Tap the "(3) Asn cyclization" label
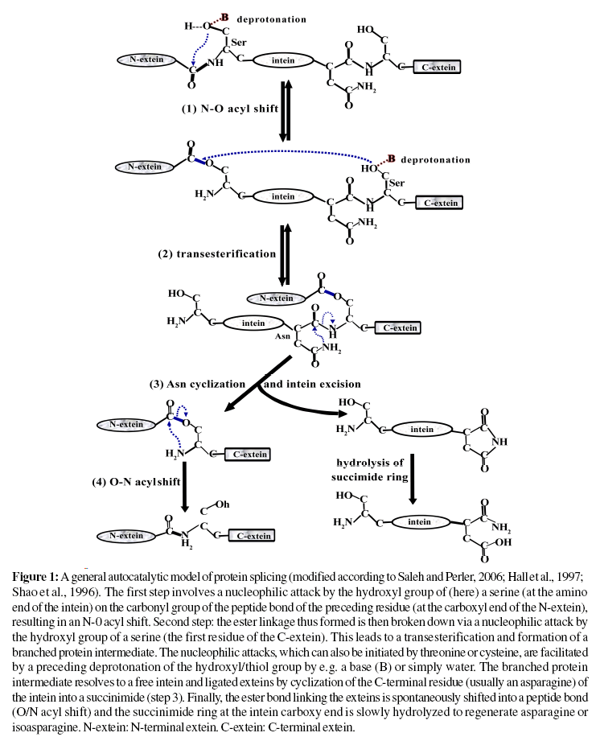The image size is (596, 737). pyautogui.click(x=197, y=385)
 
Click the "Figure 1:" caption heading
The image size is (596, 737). pyautogui.click(x=36, y=577)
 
